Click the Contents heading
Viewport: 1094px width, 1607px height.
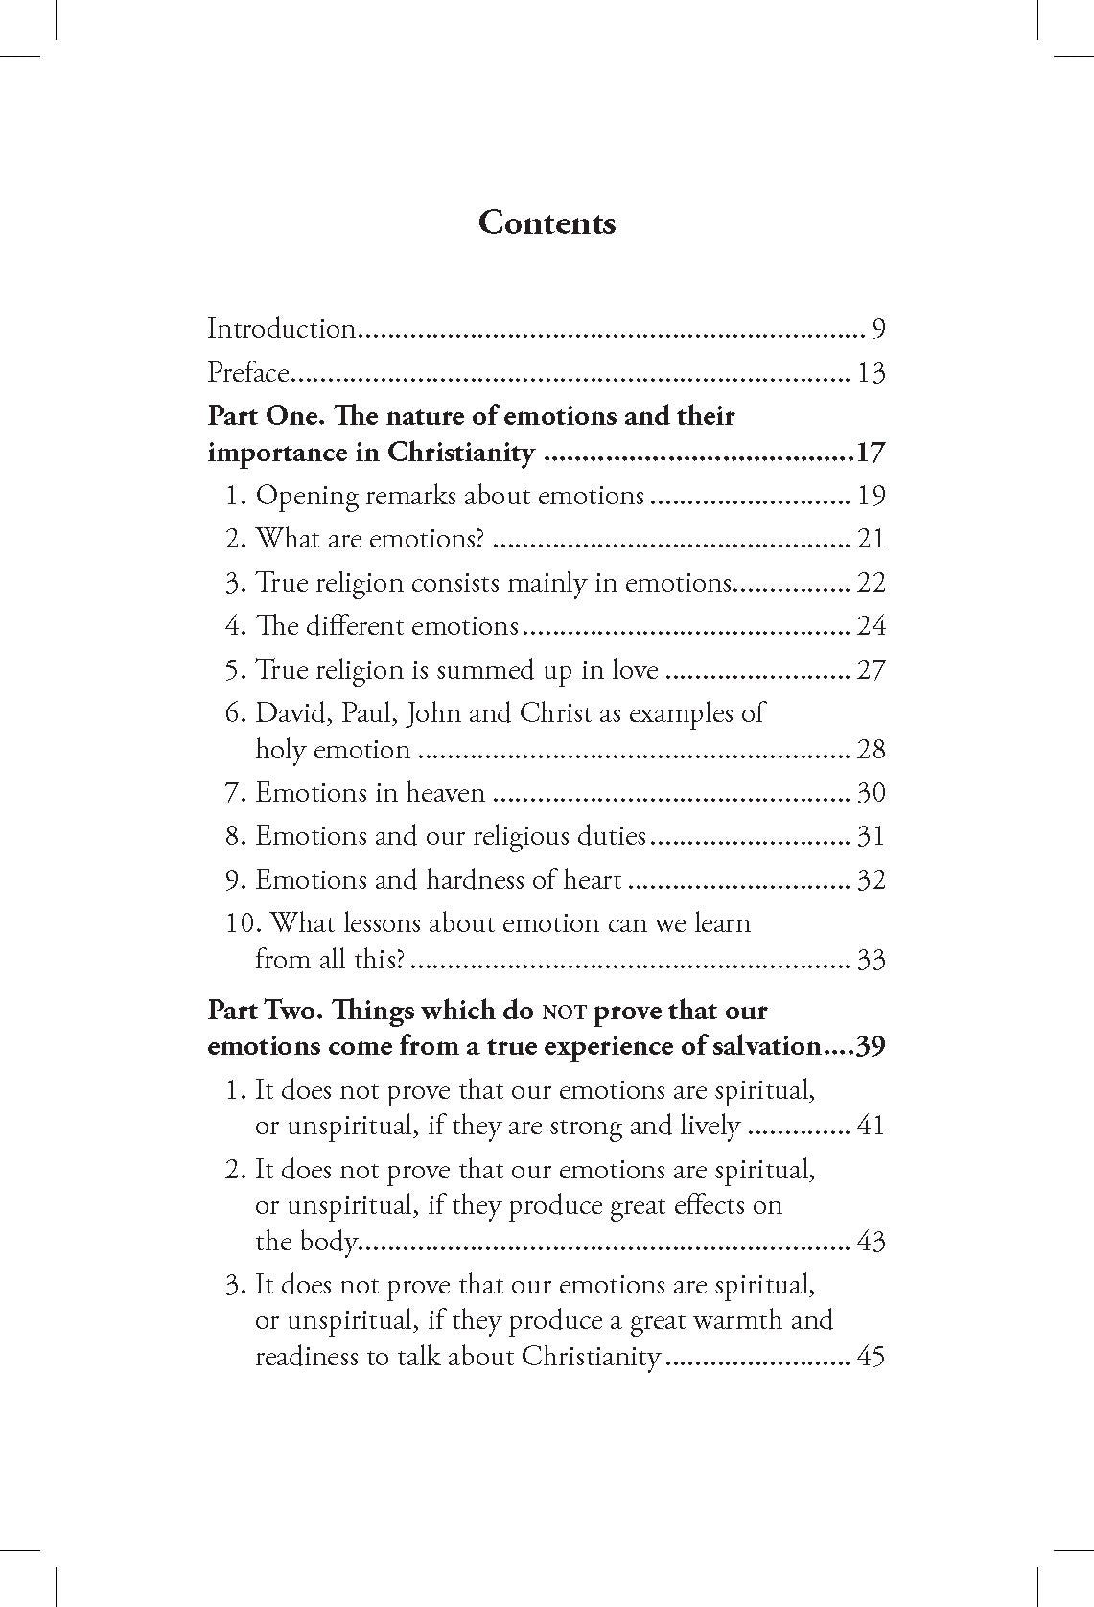pos(547,222)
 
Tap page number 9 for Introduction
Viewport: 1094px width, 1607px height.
pos(878,329)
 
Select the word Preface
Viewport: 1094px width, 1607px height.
pos(248,372)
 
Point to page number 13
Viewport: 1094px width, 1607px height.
pos(871,372)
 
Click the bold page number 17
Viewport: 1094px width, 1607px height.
pos(871,453)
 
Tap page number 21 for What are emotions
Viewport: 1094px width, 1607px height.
pos(871,539)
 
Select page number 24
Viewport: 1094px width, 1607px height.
pos(871,626)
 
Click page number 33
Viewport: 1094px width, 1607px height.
pos(871,959)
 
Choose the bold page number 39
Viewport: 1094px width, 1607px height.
pos(869,1046)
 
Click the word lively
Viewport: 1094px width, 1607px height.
pos(703,1125)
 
